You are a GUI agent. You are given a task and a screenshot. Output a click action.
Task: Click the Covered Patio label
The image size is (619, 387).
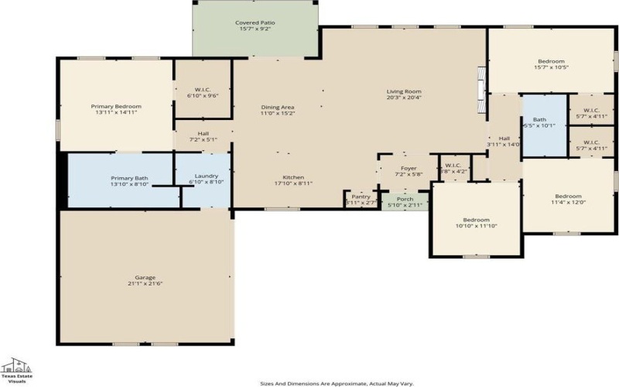[255, 23]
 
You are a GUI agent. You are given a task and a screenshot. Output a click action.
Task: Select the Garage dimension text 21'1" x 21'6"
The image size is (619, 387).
[145, 283]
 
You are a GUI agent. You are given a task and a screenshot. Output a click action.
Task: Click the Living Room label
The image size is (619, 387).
[403, 91]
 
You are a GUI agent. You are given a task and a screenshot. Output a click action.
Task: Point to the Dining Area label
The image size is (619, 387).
[277, 107]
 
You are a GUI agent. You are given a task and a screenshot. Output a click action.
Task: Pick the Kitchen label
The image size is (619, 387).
[292, 177]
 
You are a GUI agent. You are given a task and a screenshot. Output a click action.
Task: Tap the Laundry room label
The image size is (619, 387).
[206, 176]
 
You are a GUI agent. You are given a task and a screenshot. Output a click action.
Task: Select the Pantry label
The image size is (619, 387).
[361, 197]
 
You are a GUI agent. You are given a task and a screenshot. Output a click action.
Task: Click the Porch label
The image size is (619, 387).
[405, 198]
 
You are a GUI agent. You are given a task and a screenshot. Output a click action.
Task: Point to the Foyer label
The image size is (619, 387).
[409, 168]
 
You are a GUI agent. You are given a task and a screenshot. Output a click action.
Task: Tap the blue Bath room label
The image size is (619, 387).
[539, 120]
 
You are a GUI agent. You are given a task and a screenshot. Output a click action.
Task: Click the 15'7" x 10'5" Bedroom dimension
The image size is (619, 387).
[551, 67]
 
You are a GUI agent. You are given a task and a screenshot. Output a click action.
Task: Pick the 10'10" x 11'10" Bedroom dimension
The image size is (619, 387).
[476, 226]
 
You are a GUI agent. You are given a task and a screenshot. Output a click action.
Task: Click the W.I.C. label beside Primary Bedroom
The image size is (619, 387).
[203, 90]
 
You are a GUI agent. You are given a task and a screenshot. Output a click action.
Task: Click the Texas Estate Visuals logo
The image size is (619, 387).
[16, 371]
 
